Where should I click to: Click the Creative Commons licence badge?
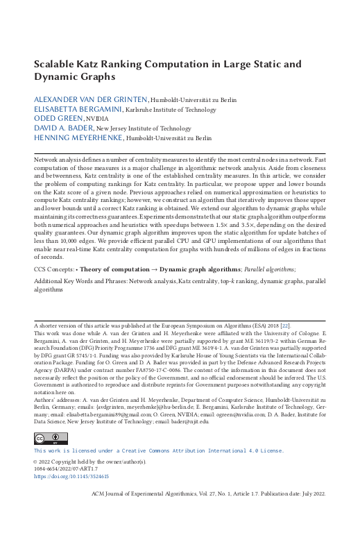(51, 418)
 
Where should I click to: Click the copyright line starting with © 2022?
(80, 441)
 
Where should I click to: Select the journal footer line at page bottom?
(209, 494)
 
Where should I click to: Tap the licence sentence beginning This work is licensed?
(159, 431)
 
